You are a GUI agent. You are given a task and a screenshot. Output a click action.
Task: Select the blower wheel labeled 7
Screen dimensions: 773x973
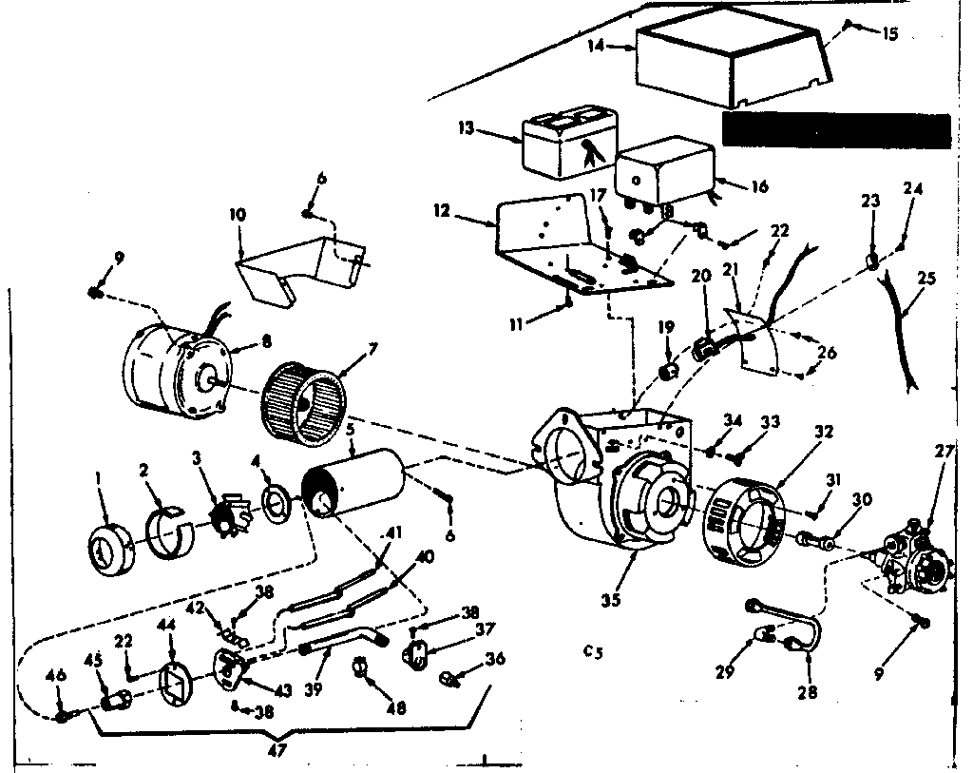click(x=302, y=405)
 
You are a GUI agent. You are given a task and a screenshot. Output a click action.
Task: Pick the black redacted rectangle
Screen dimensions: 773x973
click(x=835, y=129)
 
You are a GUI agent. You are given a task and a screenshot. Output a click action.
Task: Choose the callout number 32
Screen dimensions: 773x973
click(x=823, y=431)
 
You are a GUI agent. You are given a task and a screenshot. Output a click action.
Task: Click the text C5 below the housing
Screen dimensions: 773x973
click(x=594, y=652)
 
